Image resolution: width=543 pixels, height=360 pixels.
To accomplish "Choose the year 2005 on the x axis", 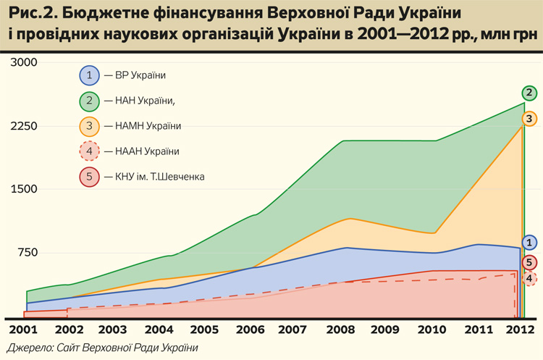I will click(206, 330).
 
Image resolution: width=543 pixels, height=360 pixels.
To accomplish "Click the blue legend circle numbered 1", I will click(89, 75).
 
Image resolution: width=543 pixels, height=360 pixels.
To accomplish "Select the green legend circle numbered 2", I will click(89, 100).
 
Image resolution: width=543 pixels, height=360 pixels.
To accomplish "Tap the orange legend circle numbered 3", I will click(89, 126).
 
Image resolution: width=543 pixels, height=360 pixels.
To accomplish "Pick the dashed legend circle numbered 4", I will click(89, 151).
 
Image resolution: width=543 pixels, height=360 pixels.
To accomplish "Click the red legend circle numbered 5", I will click(89, 177).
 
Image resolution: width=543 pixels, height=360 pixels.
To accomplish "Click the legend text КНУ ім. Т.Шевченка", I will click(156, 177).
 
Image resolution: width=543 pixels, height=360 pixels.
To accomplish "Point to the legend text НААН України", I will click(143, 151).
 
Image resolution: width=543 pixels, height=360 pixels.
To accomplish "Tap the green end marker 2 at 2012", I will click(530, 93).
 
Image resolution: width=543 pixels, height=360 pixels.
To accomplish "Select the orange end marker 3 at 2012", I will click(530, 118).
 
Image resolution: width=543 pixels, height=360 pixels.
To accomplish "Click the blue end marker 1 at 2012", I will click(530, 243).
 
